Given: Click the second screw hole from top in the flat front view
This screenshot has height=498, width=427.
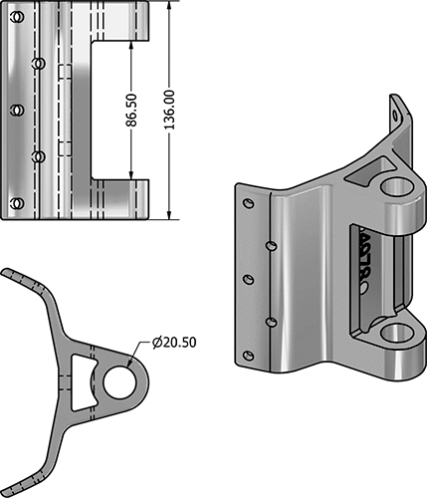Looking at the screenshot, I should click(x=38, y=63).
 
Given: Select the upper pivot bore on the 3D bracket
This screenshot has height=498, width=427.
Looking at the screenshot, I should click(x=396, y=187).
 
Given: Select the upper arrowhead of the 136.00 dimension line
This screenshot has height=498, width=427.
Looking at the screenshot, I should click(x=170, y=5).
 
